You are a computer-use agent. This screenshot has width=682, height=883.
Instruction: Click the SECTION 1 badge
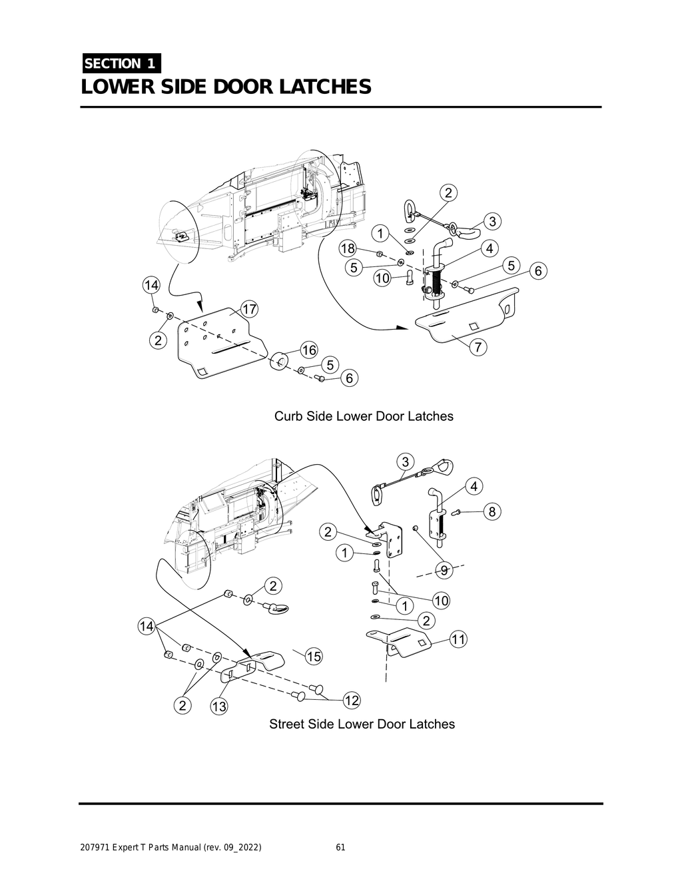[121, 63]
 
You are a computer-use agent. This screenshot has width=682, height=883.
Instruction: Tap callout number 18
[348, 248]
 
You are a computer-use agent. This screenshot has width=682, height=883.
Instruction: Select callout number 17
[249, 310]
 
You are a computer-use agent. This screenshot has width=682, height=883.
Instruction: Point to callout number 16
[308, 350]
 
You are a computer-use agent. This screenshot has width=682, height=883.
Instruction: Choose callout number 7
[479, 347]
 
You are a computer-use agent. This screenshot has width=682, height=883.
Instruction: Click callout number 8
[492, 511]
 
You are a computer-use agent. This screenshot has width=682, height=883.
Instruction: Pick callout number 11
[458, 640]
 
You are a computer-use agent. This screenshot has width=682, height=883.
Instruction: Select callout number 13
[218, 707]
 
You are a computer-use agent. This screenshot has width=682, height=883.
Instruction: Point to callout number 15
[313, 657]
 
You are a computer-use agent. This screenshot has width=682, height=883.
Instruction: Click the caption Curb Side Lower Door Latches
[364, 416]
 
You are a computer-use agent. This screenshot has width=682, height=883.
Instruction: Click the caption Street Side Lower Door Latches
[362, 724]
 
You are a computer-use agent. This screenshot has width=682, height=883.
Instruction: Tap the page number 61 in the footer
[340, 848]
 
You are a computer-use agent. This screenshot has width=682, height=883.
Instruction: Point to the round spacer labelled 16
[278, 362]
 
